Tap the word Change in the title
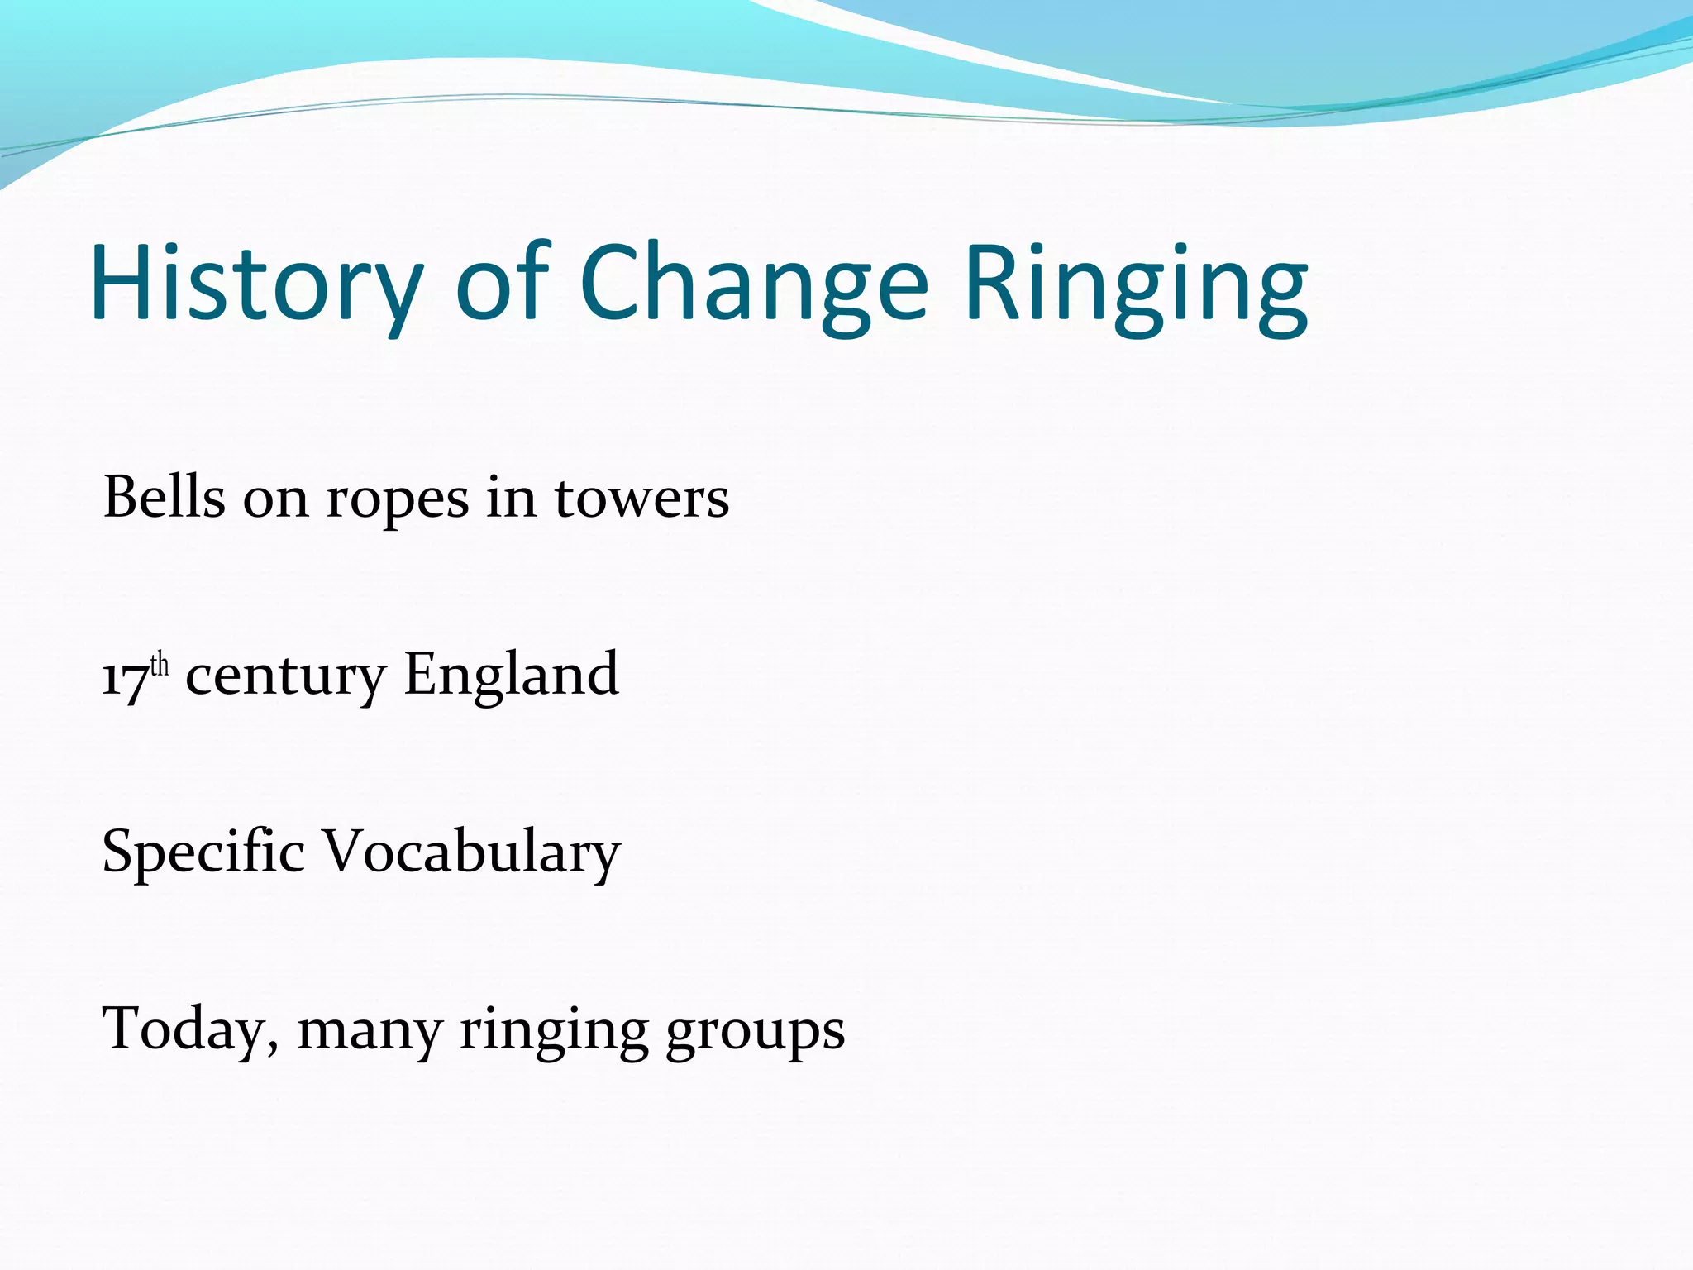click(754, 284)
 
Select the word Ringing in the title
click(1136, 284)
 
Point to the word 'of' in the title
click(503, 284)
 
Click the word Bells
click(164, 498)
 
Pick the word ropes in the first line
click(398, 501)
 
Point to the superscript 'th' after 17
click(160, 665)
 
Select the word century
click(285, 676)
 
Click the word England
click(511, 675)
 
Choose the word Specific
click(203, 852)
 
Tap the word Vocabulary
click(470, 852)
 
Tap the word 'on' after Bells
click(275, 501)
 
